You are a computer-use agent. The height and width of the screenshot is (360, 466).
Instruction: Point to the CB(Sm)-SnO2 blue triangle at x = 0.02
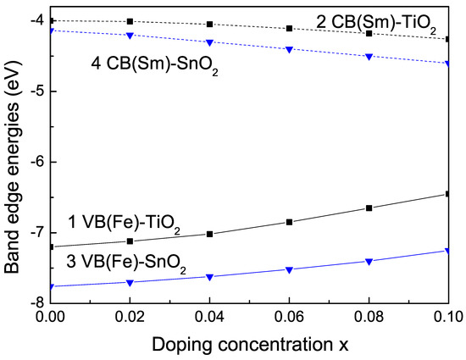point(130,35)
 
